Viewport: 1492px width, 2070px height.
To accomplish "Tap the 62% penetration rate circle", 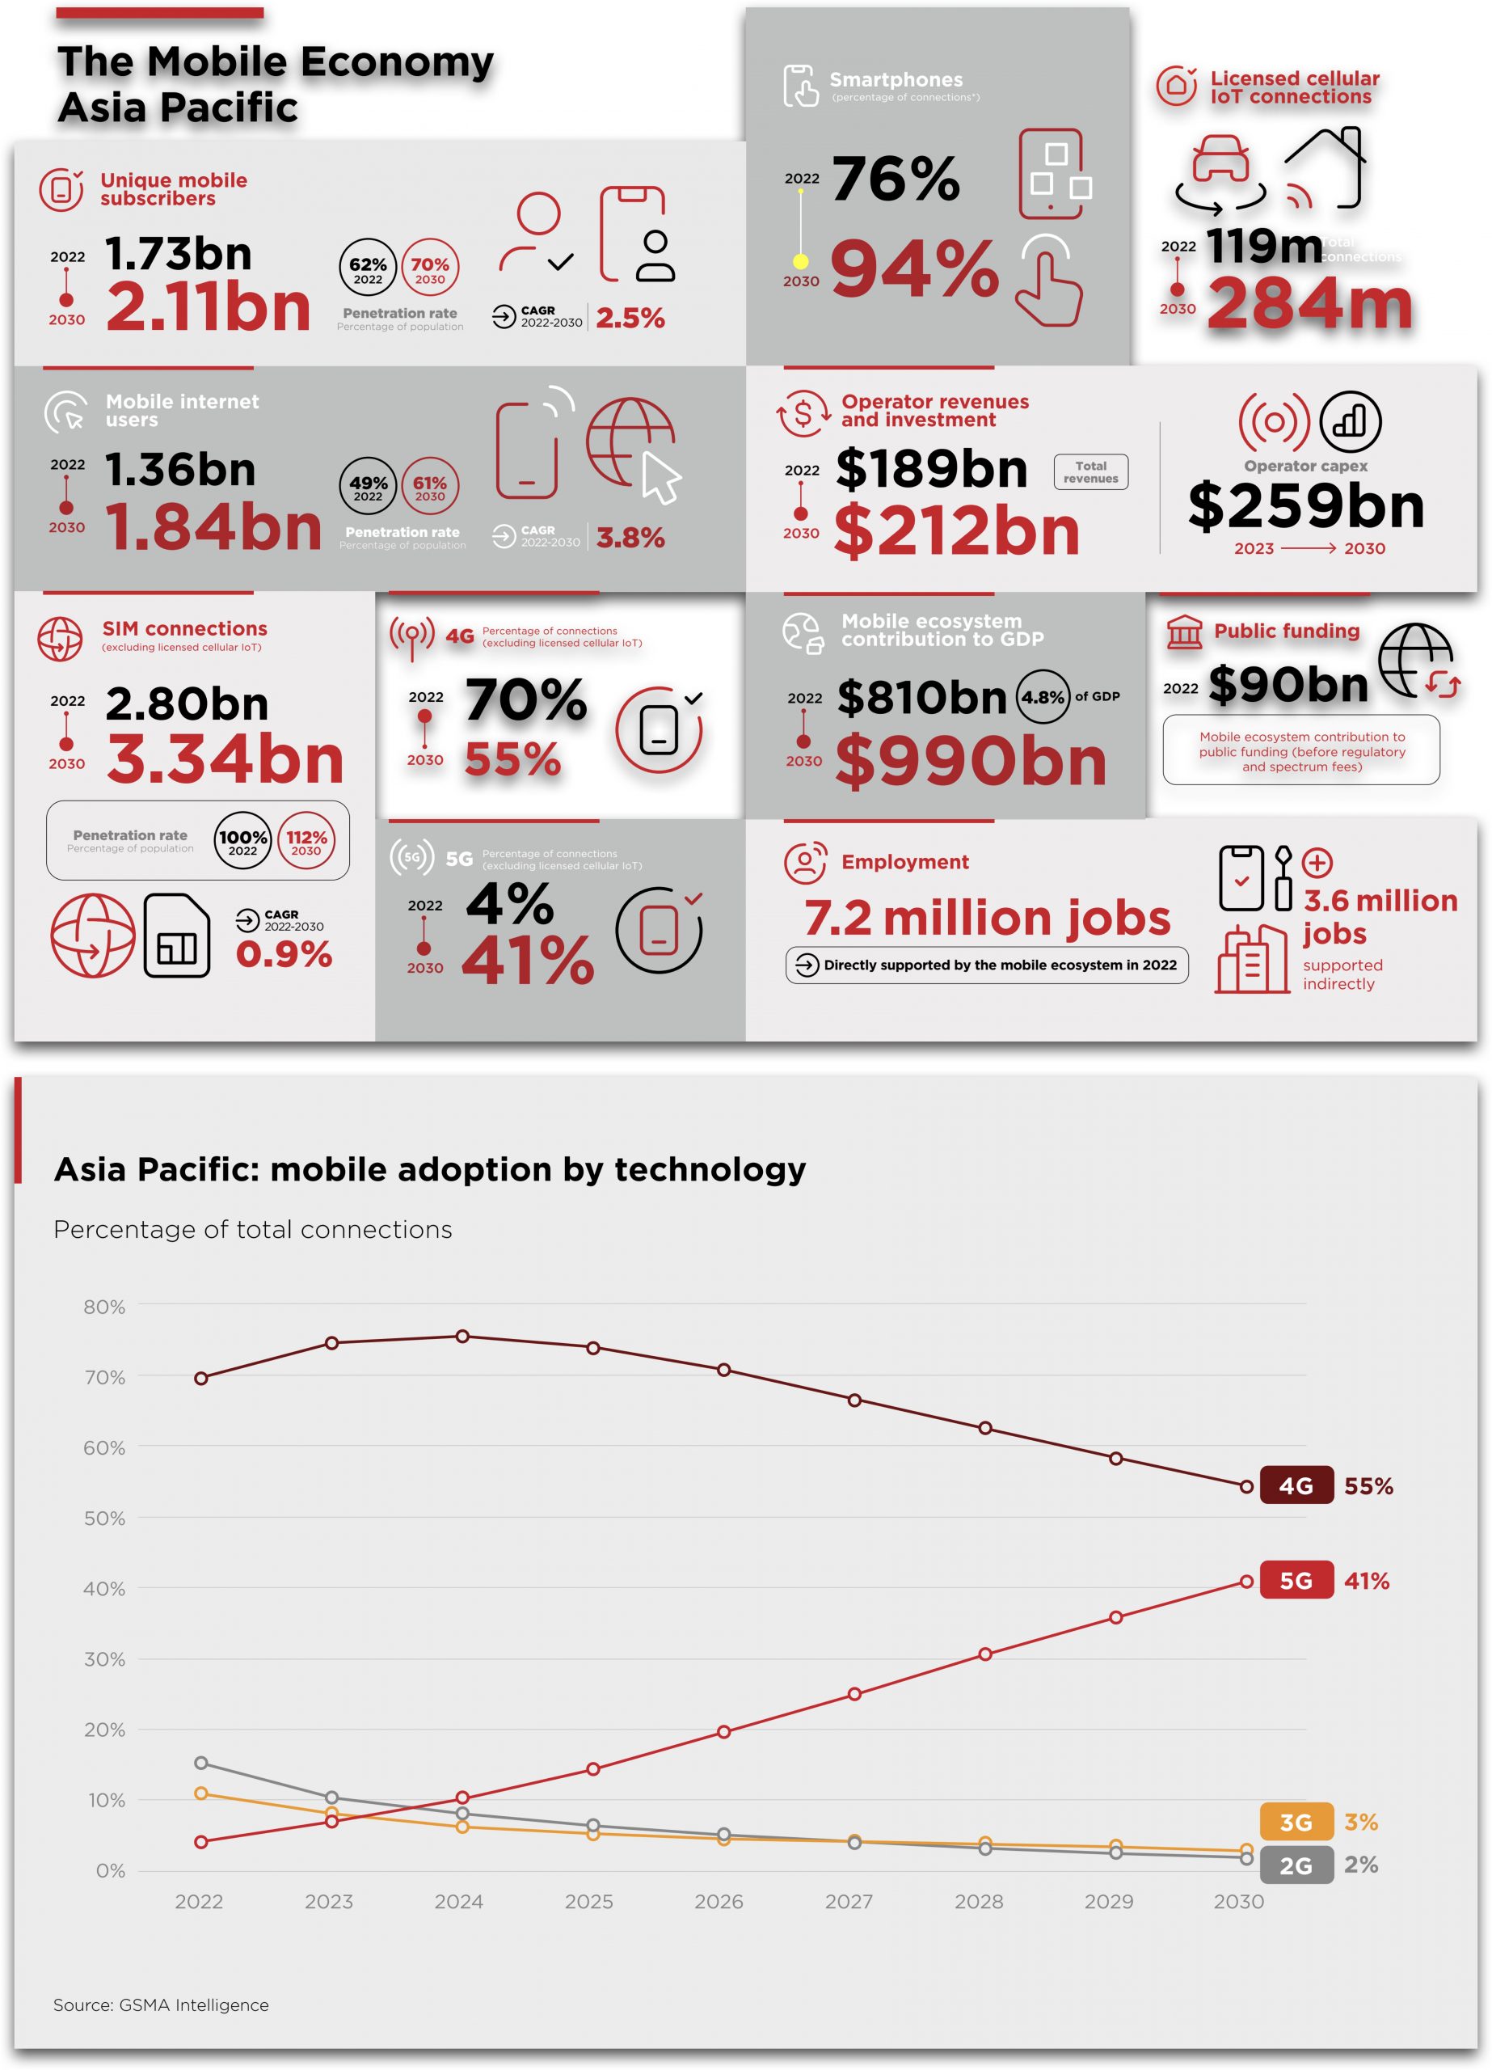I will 368,268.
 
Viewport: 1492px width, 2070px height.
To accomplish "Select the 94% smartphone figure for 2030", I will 913,269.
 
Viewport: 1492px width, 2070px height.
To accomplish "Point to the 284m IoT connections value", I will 1309,304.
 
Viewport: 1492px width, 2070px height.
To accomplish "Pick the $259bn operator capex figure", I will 1305,505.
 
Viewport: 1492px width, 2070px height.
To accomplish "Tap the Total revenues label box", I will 1090,472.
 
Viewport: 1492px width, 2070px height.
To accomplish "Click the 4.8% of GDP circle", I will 1042,697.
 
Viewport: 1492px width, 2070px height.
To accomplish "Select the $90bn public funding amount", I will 1288,685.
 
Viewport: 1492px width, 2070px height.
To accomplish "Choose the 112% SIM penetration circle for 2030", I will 306,839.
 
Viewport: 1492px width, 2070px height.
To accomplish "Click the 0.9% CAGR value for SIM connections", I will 284,955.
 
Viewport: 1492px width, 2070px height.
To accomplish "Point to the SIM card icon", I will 177,936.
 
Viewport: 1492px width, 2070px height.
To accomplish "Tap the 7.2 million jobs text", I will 987,919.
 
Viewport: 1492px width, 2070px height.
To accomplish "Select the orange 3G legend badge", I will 1295,1823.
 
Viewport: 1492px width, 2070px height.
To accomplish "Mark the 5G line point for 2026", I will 723,1731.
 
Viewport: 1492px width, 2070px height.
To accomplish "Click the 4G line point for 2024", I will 462,1336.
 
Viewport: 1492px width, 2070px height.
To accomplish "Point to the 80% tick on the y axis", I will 104,1307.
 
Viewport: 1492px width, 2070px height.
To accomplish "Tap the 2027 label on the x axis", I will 849,1902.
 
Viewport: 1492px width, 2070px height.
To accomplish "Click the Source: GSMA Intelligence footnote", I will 161,2005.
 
